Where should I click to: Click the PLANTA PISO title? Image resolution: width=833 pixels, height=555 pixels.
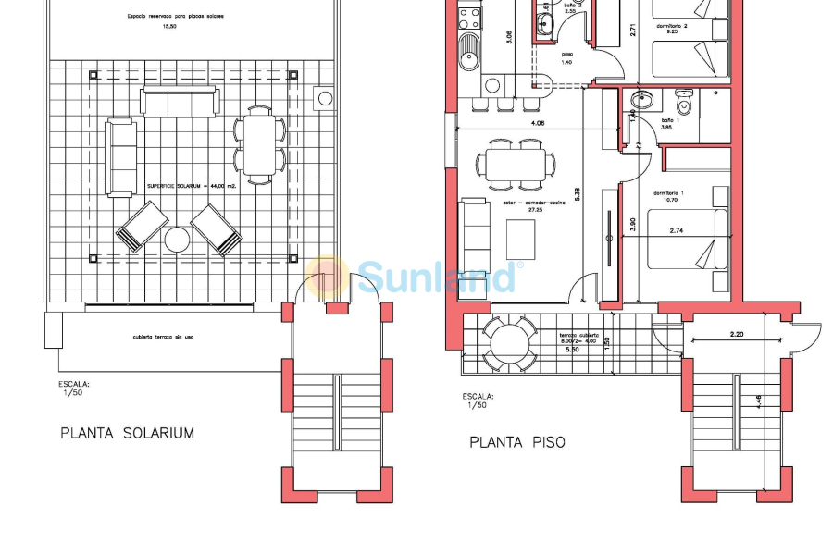[517, 442]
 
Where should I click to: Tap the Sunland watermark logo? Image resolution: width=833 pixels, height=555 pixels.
[416, 276]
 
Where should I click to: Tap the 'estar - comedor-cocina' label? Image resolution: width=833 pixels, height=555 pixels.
[534, 202]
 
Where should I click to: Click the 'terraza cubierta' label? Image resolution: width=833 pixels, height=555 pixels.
[578, 335]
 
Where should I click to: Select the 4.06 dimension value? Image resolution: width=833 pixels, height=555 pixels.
[537, 123]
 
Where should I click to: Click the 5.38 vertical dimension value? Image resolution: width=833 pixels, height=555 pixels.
[578, 194]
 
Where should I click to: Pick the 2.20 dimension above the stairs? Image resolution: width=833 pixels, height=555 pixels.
[737, 333]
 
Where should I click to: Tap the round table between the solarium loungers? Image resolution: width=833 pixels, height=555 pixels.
[177, 240]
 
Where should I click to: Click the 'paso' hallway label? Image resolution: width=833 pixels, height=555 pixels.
[566, 54]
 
